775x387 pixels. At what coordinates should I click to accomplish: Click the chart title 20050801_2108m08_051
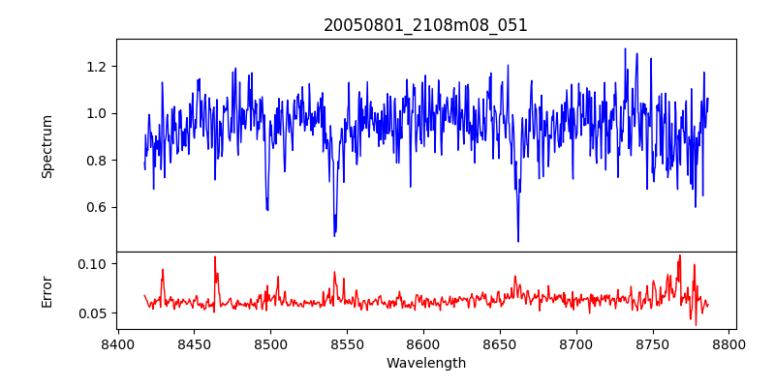point(425,25)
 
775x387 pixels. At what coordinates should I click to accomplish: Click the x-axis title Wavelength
point(425,363)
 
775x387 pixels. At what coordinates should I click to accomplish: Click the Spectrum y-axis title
point(46,146)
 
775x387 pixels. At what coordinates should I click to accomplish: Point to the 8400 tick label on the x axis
point(117,343)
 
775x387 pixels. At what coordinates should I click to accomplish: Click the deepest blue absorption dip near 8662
point(518,241)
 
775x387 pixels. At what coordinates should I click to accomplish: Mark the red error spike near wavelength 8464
point(215,257)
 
